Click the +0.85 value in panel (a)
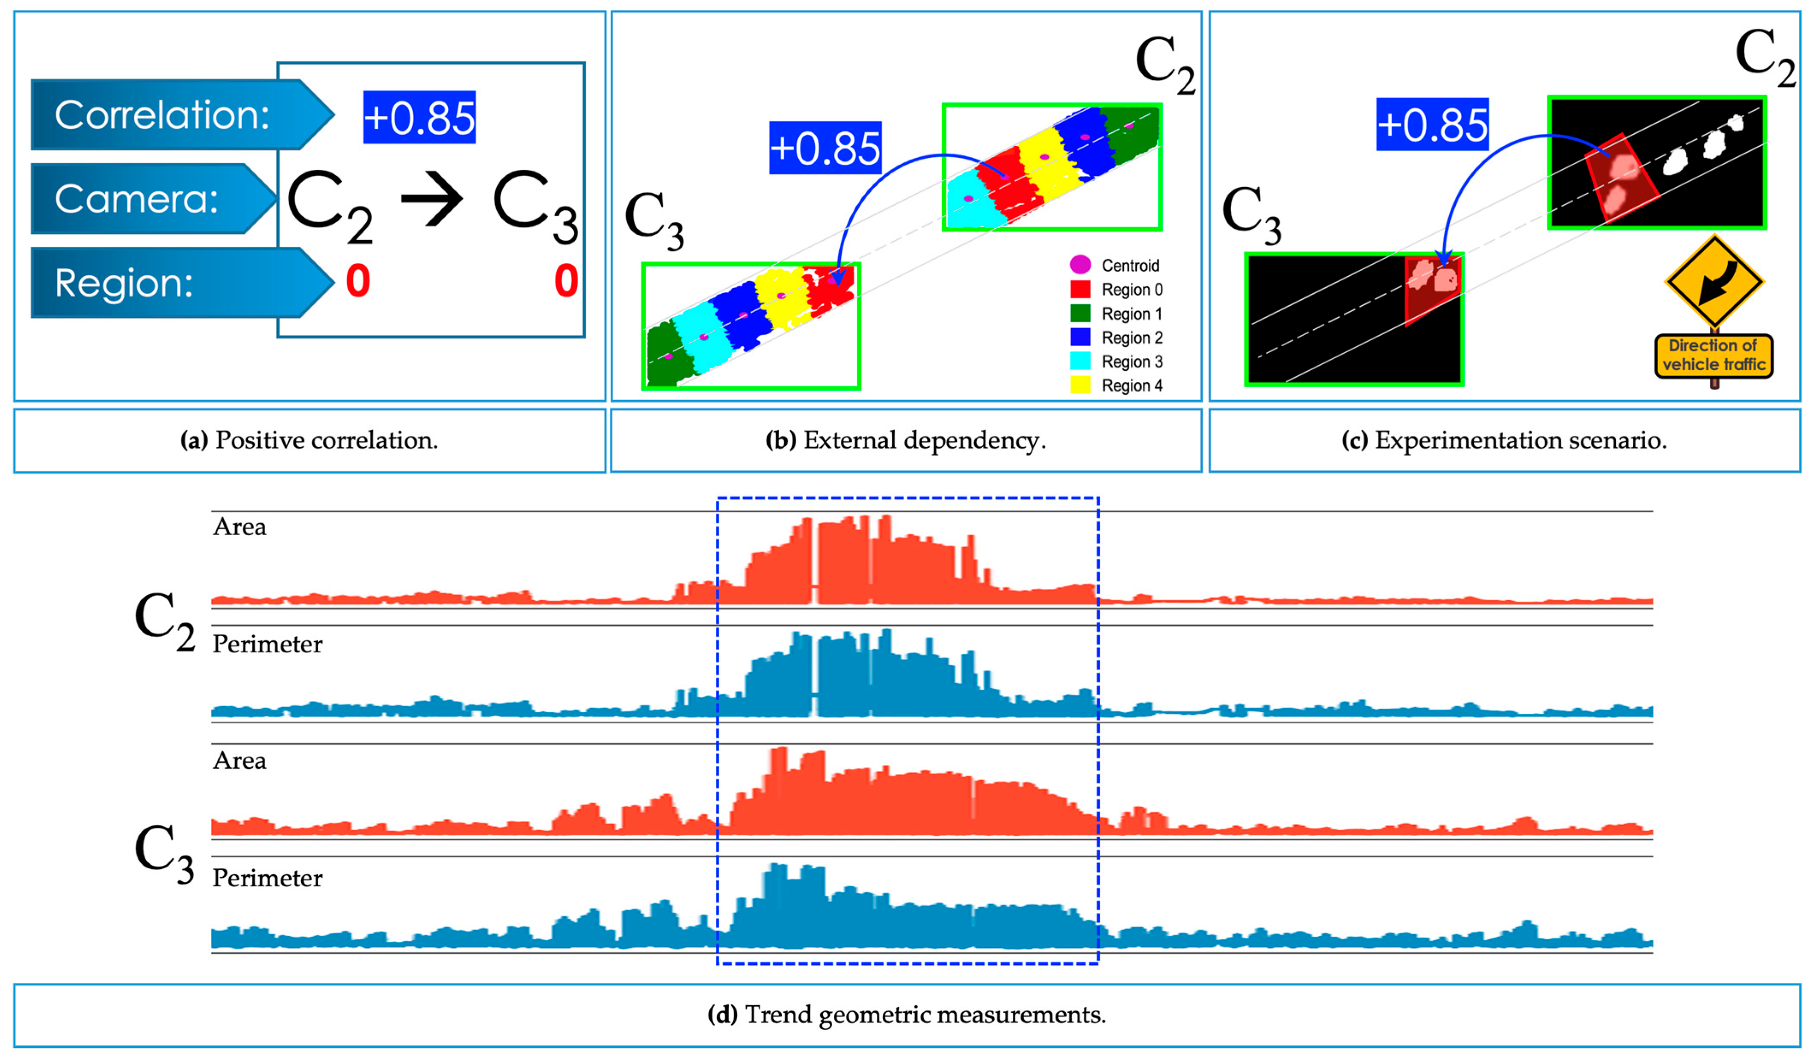(419, 117)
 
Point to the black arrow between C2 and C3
(432, 199)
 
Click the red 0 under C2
(358, 280)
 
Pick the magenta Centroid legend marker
(1080, 265)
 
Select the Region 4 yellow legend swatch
(1080, 385)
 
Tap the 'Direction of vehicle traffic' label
(1714, 355)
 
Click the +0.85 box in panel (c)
(1432, 124)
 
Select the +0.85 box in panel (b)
(825, 147)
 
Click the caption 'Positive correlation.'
(309, 440)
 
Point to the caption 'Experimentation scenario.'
(1504, 440)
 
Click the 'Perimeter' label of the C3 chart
(267, 878)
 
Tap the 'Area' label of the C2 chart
(239, 527)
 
